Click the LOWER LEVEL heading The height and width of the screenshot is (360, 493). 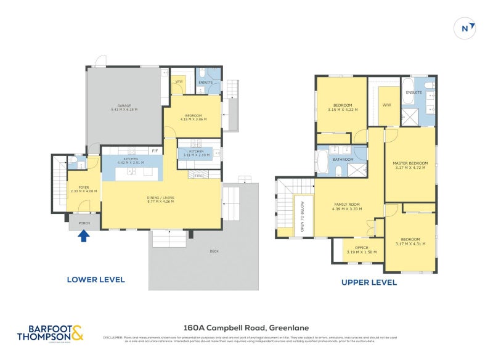[x=96, y=279]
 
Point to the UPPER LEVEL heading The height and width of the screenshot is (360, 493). [x=369, y=282]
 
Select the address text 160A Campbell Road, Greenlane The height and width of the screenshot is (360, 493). [x=246, y=328]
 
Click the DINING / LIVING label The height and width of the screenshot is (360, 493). [x=160, y=198]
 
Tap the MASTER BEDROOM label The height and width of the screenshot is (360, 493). [x=410, y=163]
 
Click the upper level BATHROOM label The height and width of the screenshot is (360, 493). [x=343, y=159]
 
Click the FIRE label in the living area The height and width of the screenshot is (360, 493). [x=198, y=175]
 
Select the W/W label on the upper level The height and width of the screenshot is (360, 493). [x=386, y=105]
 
